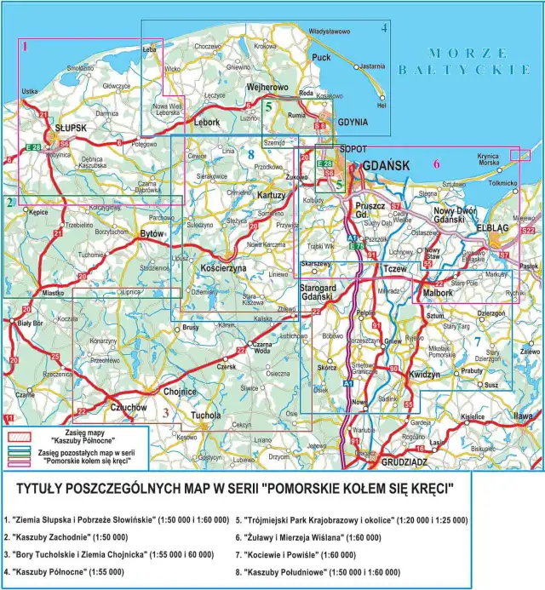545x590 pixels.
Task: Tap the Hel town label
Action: [x=381, y=106]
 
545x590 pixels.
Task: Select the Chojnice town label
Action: [x=179, y=392]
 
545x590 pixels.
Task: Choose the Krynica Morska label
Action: [x=488, y=160]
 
